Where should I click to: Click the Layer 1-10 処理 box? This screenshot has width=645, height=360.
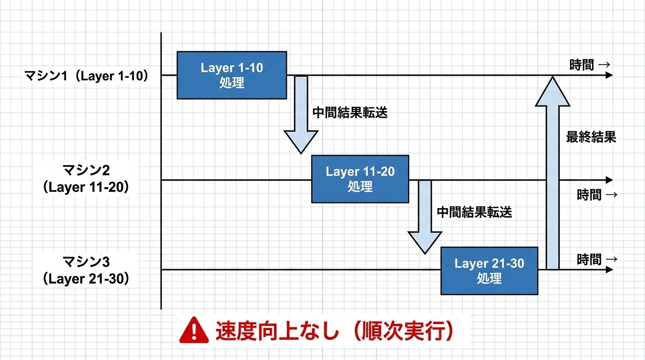(x=232, y=75)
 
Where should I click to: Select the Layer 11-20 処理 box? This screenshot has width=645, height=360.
(x=360, y=179)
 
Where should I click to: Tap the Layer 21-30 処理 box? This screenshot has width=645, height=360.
(x=489, y=270)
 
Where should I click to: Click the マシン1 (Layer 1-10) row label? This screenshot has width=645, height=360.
(x=86, y=76)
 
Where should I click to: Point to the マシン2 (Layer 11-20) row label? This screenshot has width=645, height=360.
(x=86, y=179)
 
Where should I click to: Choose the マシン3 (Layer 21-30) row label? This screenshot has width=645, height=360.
(x=86, y=270)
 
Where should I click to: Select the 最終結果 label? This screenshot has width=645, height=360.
(x=591, y=137)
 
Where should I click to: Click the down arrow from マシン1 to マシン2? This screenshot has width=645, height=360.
(x=301, y=115)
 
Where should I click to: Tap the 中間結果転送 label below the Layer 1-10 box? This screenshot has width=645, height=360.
(x=350, y=113)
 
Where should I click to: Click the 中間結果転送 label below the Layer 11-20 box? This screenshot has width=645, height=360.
(x=474, y=212)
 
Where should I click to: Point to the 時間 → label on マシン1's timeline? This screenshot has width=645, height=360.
(x=590, y=65)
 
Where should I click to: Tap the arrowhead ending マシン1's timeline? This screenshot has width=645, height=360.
(x=609, y=75)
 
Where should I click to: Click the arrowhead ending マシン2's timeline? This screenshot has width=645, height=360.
(x=609, y=180)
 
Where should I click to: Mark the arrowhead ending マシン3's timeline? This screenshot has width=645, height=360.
(x=609, y=270)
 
